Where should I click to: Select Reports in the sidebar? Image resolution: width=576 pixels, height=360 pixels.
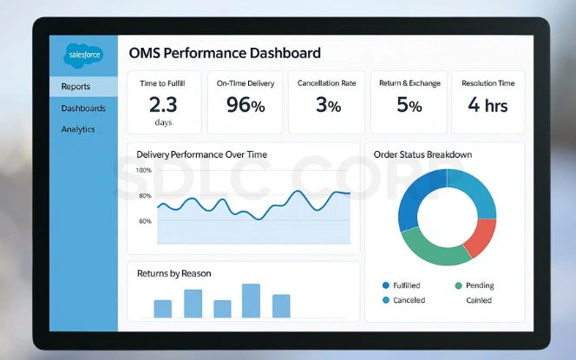click(75, 87)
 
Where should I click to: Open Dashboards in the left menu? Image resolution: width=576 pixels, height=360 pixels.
click(83, 108)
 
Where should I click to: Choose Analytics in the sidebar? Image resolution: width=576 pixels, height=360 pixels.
click(78, 129)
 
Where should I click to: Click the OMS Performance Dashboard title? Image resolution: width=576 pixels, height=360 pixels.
click(224, 53)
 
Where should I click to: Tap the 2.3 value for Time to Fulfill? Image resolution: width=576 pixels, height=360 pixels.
click(163, 106)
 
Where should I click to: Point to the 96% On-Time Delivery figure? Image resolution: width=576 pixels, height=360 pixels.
click(245, 106)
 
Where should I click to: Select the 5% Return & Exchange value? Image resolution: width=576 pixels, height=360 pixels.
click(409, 106)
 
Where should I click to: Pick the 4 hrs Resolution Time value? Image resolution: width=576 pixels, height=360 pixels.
click(488, 106)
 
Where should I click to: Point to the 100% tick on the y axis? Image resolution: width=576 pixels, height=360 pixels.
click(144, 170)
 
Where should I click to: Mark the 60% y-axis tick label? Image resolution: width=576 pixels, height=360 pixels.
click(145, 221)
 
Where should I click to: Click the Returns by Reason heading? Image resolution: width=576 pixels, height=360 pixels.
click(173, 273)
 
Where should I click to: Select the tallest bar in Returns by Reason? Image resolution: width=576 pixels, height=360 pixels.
click(251, 300)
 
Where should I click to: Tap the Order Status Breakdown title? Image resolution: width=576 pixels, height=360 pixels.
click(422, 154)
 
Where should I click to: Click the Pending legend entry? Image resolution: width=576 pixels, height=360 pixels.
click(477, 285)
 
